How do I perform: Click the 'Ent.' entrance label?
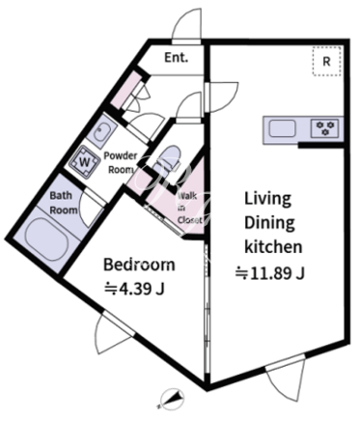[x=176, y=58]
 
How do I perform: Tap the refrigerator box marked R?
[x=327, y=61]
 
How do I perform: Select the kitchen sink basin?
[x=283, y=128]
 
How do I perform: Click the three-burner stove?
[x=324, y=128]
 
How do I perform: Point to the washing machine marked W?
[x=84, y=161]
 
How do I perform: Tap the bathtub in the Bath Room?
[x=47, y=239]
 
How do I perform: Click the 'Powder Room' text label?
[x=121, y=163]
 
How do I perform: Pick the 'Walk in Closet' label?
[x=190, y=208]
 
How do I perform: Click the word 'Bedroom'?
[x=139, y=265]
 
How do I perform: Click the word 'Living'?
[x=267, y=199]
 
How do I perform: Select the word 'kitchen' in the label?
[x=273, y=247]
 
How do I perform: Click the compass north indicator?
[x=172, y=398]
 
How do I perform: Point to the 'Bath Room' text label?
[x=64, y=203]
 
